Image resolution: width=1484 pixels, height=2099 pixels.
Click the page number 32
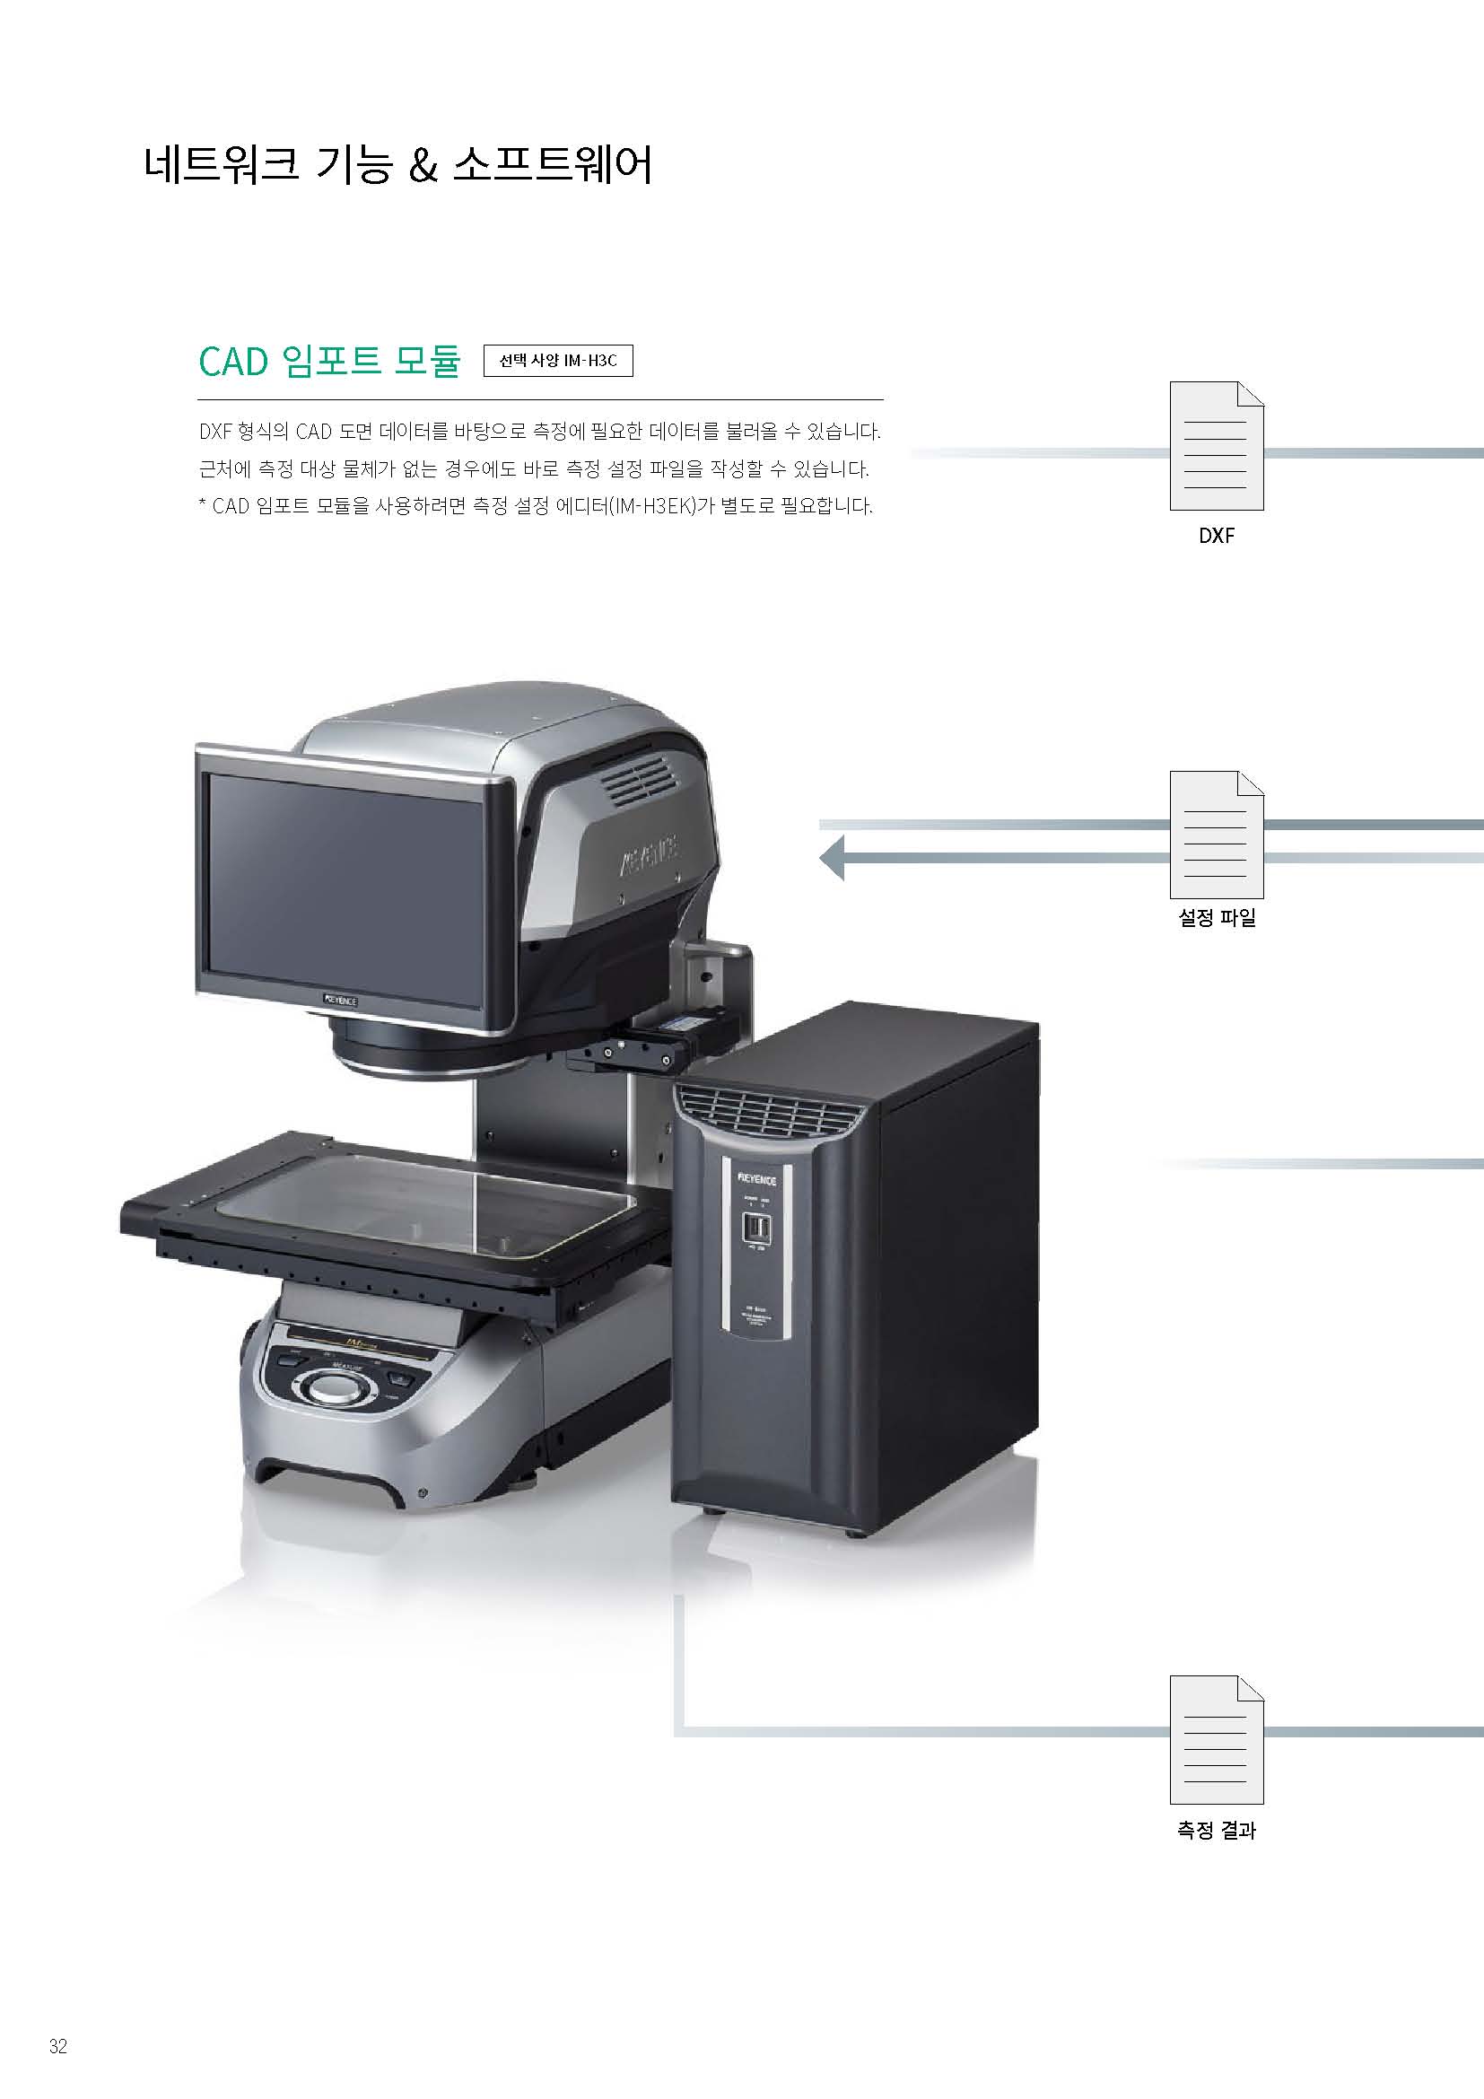(x=58, y=2046)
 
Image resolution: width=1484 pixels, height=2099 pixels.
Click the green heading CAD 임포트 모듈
(x=330, y=361)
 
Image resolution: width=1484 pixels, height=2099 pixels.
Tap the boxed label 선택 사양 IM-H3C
(x=557, y=360)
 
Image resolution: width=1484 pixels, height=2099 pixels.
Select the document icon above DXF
(x=1217, y=445)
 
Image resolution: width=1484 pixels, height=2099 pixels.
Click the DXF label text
(x=1217, y=536)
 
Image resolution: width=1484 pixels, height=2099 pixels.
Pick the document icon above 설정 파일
(x=1217, y=835)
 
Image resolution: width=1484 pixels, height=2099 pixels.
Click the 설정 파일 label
(x=1218, y=917)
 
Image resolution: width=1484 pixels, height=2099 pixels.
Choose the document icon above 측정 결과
(x=1217, y=1740)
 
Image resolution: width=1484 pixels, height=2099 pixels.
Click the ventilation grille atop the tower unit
(x=770, y=1112)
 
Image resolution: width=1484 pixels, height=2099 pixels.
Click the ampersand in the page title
(x=423, y=165)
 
